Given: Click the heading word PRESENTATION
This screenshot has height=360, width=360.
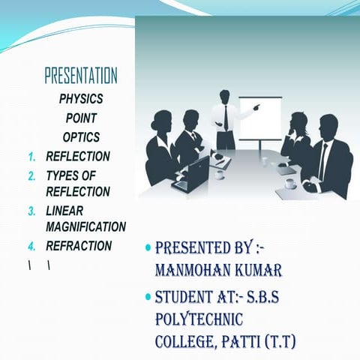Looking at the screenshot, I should click(x=81, y=76).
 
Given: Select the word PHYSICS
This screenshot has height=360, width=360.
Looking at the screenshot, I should click(x=81, y=98).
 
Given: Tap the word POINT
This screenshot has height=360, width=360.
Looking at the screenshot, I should click(x=81, y=118).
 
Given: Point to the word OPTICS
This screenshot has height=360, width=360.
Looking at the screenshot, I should click(x=81, y=137).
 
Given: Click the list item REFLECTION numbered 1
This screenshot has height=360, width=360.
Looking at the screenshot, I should click(x=78, y=157).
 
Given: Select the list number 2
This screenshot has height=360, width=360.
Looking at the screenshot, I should click(x=32, y=176).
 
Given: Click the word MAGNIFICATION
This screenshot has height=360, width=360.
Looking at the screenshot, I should click(x=85, y=226).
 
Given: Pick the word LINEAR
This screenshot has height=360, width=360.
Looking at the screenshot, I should click(x=64, y=211).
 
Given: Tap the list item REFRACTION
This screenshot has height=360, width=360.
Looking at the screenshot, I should click(x=79, y=246).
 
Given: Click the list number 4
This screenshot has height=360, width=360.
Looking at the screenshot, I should click(x=32, y=247).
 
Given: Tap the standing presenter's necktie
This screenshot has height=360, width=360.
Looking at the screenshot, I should click(x=226, y=118).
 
